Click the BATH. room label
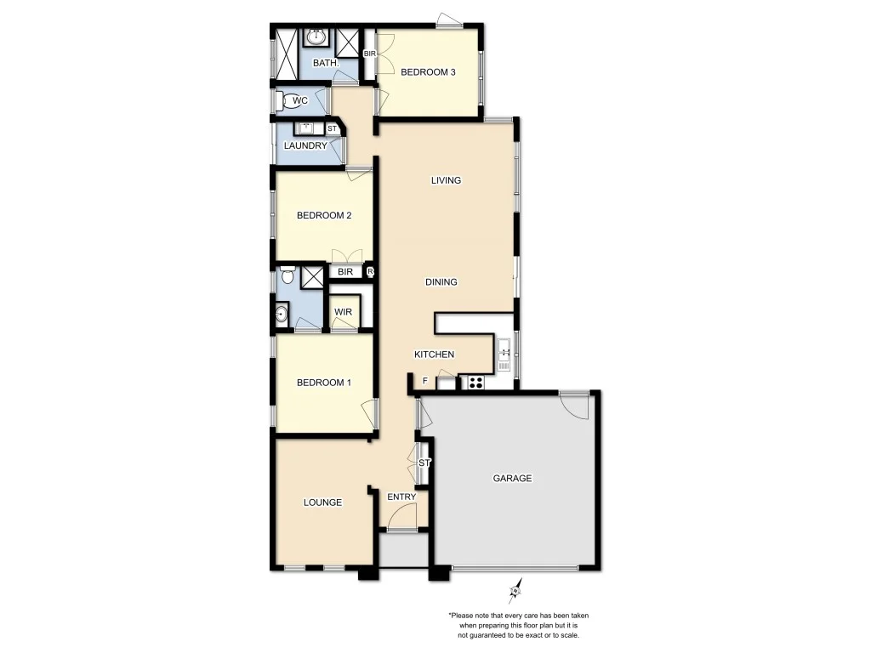coord(326,63)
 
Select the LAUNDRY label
coord(305,145)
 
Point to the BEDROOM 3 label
coord(428,72)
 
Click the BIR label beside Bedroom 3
coord(370,54)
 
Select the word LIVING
coord(446,180)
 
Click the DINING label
coord(442,282)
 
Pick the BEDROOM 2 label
coord(323,215)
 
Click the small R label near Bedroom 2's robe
coord(370,272)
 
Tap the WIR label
coord(343,312)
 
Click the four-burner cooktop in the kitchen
coord(475,382)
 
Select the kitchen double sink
coord(504,354)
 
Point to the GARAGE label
coord(512,478)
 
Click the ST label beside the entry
coord(424,463)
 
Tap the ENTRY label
coord(401,497)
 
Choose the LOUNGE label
coord(322,503)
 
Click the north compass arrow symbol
coord(515,589)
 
